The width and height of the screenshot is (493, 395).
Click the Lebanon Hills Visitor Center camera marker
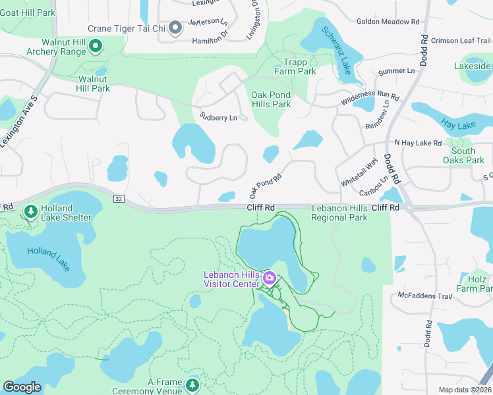click(x=269, y=278)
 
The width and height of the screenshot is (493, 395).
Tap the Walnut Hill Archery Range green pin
click(x=96, y=45)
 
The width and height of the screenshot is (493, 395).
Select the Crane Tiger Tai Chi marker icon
click(x=175, y=28)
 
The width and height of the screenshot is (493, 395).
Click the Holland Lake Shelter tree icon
click(x=30, y=211)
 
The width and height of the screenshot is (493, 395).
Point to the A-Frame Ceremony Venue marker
click(x=192, y=384)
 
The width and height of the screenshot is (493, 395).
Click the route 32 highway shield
click(x=119, y=199)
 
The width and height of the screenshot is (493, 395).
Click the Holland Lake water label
click(x=47, y=259)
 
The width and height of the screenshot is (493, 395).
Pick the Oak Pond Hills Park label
click(x=271, y=99)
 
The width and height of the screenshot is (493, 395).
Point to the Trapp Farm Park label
click(x=295, y=66)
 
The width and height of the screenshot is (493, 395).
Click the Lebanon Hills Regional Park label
click(x=339, y=213)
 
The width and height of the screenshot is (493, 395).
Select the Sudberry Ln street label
click(x=218, y=118)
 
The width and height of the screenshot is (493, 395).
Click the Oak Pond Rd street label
click(x=265, y=186)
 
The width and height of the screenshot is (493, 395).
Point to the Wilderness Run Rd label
click(x=370, y=99)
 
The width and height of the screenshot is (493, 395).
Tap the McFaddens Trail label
click(x=424, y=296)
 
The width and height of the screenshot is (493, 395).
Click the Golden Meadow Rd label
click(x=388, y=22)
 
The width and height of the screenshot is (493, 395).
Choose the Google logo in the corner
click(x=22, y=387)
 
